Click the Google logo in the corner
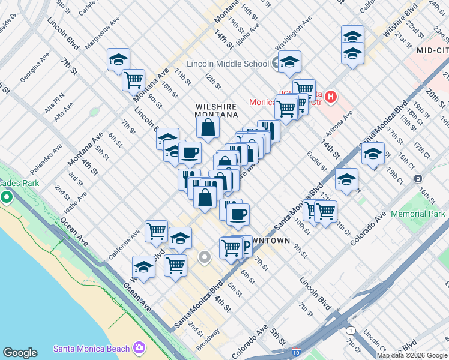[x=20, y=353]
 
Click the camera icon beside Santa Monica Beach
[x=140, y=348]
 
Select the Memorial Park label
[x=418, y=214]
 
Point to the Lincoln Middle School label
[x=228, y=64]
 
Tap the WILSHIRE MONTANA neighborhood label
[x=217, y=110]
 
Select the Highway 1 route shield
[x=349, y=331]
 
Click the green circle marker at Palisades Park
[x=7, y=197]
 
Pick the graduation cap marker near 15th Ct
[x=373, y=154]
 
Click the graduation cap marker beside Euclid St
[x=346, y=179]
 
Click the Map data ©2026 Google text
[x=412, y=355]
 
